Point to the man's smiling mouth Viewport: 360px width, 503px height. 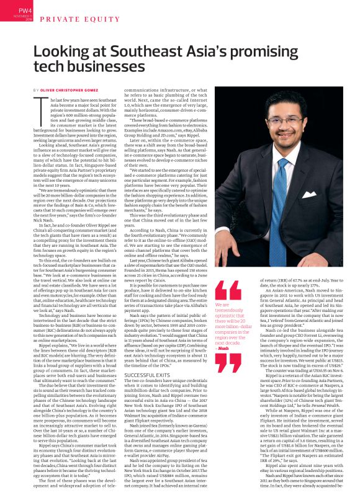286,137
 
